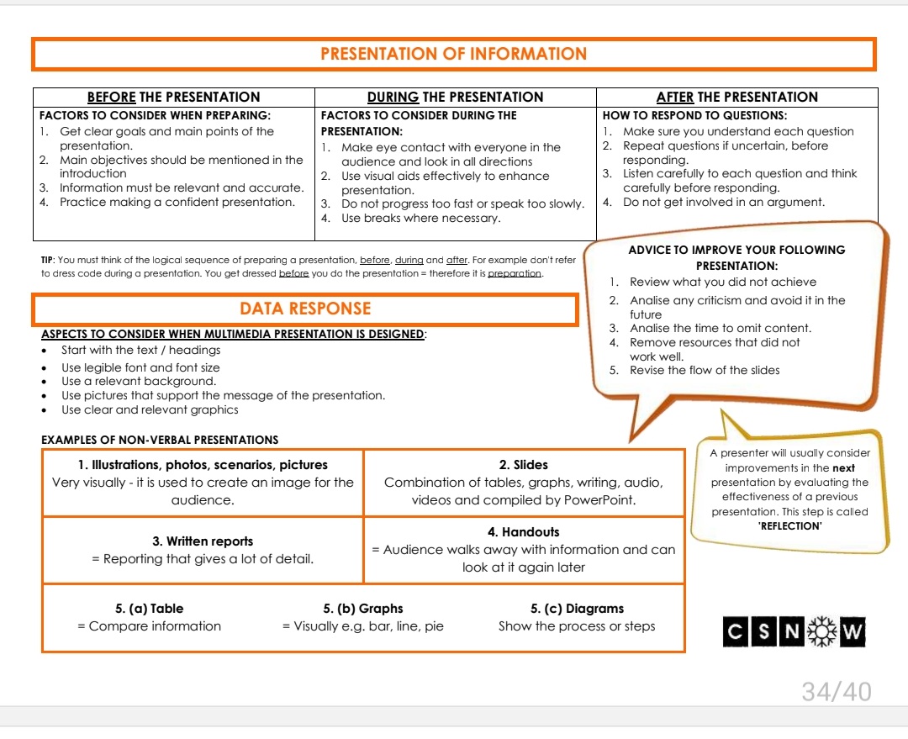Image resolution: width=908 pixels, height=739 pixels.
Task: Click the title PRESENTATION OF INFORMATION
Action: pyautogui.click(x=454, y=54)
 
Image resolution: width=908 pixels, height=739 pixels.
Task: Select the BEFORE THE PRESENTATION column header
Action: pyautogui.click(x=173, y=97)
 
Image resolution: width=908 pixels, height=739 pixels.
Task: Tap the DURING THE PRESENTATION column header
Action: pyautogui.click(x=455, y=97)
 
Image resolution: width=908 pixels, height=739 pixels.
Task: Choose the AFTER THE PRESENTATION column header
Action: pyautogui.click(x=736, y=97)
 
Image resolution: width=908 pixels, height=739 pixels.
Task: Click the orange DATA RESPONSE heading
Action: pyautogui.click(x=305, y=309)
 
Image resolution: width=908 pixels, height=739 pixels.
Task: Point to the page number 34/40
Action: pyautogui.click(x=836, y=692)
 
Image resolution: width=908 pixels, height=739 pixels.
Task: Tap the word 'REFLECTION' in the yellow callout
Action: pyautogui.click(x=789, y=526)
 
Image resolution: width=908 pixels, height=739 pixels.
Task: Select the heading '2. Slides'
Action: pyautogui.click(x=523, y=464)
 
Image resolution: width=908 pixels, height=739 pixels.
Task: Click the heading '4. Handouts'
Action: pyautogui.click(x=523, y=532)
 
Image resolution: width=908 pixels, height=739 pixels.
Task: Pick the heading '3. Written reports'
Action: pyautogui.click(x=203, y=541)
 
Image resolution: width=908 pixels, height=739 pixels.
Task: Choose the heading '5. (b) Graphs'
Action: pyautogui.click(x=362, y=609)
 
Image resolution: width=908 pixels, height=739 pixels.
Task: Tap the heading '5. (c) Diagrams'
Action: pyautogui.click(x=577, y=609)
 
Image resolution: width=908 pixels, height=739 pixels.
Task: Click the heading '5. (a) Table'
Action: pyautogui.click(x=149, y=609)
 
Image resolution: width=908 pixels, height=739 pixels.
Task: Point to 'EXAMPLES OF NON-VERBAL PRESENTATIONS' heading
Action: pyautogui.click(x=160, y=440)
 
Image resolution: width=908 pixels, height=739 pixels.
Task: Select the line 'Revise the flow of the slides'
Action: pyautogui.click(x=705, y=370)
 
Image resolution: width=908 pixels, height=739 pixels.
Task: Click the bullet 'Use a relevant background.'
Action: pyautogui.click(x=138, y=381)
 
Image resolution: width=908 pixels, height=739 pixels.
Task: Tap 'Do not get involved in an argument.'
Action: pyautogui.click(x=723, y=202)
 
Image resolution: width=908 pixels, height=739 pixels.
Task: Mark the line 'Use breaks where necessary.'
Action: pyautogui.click(x=420, y=219)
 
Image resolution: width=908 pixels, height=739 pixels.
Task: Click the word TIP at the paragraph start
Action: pyautogui.click(x=48, y=261)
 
